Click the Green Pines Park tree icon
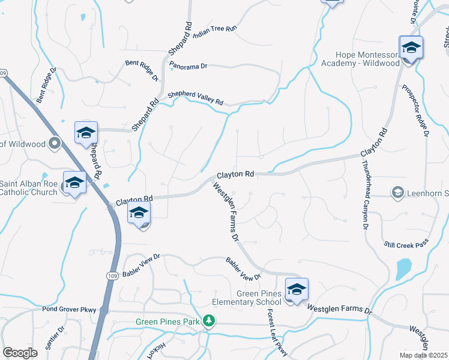point(208,322)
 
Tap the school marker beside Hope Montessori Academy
point(411,48)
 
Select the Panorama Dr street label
point(188,66)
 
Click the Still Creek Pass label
point(406,244)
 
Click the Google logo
point(20,352)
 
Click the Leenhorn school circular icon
point(397,193)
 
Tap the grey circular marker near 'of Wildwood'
point(55,143)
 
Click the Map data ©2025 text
point(424,355)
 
